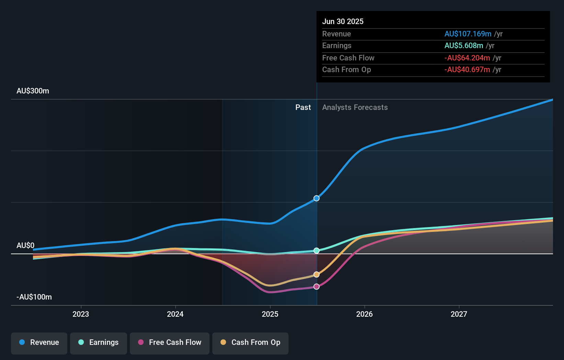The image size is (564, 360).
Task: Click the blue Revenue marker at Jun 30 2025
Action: [316, 198]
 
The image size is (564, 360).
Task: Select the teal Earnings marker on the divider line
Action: [316, 250]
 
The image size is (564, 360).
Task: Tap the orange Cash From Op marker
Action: [316, 274]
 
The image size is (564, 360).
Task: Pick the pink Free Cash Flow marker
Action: [316, 286]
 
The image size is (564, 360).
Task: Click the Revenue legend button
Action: [39, 342]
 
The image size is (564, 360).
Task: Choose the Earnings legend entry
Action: [99, 342]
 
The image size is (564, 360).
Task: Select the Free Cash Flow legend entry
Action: [170, 342]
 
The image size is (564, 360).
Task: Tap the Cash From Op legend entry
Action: [250, 342]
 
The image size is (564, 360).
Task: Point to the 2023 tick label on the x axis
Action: [81, 314]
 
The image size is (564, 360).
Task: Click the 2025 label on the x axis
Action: [270, 314]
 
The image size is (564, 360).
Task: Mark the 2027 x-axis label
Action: [459, 314]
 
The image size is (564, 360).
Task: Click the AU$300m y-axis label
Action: [33, 91]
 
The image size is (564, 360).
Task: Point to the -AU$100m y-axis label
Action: [34, 297]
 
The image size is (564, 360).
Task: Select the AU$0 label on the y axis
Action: [25, 246]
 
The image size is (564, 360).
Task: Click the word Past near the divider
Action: [303, 108]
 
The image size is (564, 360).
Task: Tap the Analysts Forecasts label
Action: [355, 108]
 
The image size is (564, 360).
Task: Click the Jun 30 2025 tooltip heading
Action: [342, 21]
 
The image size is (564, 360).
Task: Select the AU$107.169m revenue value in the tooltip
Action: [467, 34]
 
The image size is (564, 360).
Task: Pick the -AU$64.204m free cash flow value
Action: [467, 58]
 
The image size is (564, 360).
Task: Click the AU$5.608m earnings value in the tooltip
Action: [463, 46]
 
